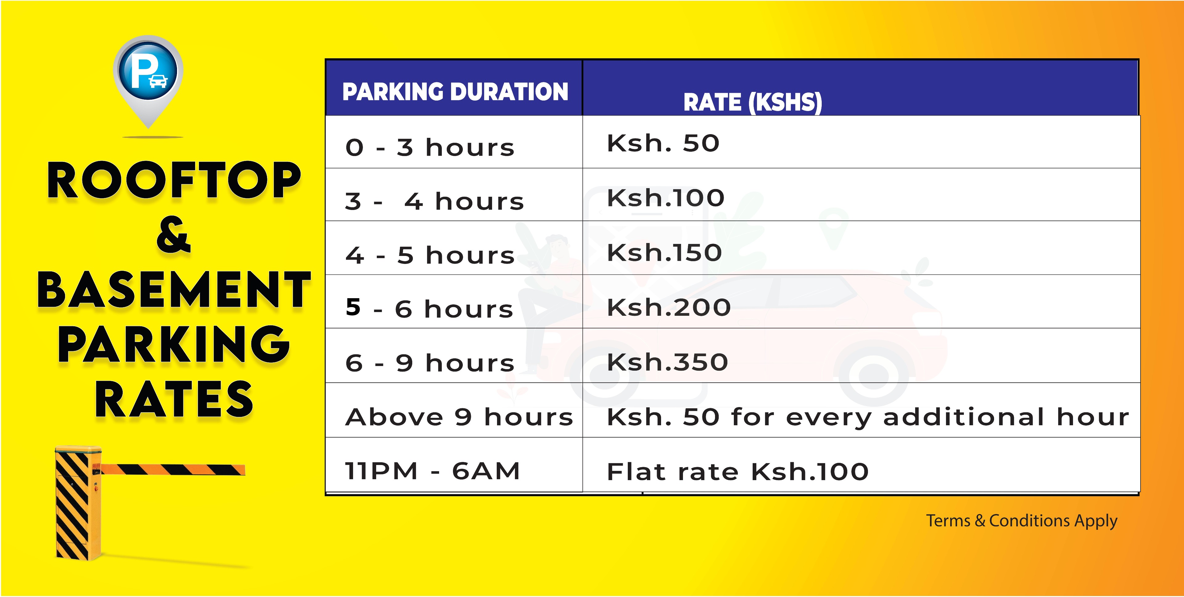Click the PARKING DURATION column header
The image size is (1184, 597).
(455, 92)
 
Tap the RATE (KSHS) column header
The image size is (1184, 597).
(752, 102)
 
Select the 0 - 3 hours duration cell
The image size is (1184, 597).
(430, 147)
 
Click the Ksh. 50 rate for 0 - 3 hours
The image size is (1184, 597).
(663, 143)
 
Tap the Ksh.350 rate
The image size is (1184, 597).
(667, 362)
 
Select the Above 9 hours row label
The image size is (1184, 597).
(459, 417)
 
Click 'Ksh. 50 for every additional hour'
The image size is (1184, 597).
(868, 417)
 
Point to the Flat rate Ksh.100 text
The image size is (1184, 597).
(738, 471)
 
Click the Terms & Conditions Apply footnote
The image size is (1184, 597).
(1021, 521)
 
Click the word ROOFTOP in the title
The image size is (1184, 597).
(174, 180)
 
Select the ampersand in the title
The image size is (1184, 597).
(173, 235)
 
